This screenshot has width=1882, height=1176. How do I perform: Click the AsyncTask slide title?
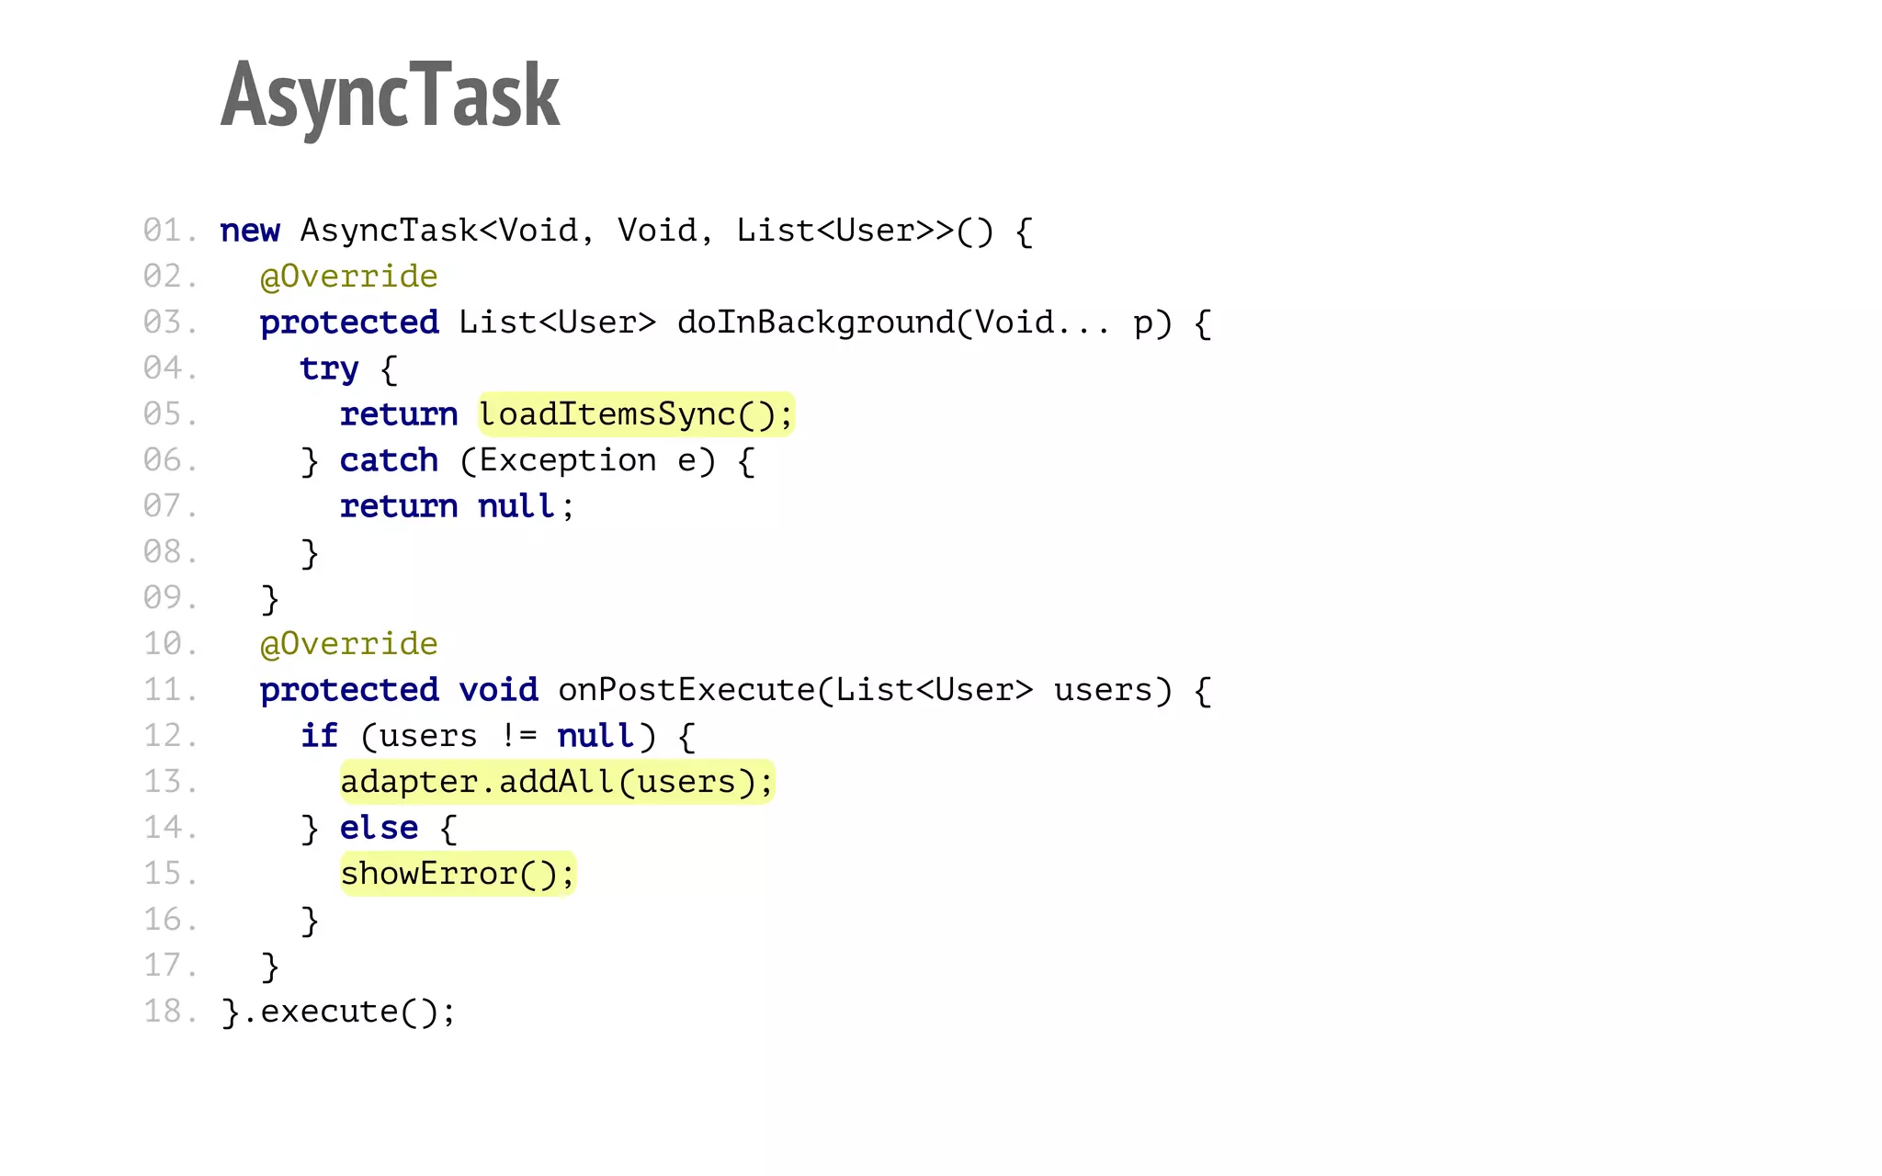[x=390, y=96]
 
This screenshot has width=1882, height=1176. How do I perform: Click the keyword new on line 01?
[x=250, y=231]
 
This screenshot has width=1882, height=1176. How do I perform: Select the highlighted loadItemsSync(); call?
[x=636, y=414]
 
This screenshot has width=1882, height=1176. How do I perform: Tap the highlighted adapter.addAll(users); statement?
[x=557, y=782]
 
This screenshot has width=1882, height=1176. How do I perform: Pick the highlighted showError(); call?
[x=457, y=874]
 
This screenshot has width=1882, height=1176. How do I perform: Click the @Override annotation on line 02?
[x=348, y=277]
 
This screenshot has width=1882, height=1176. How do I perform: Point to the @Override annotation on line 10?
[x=348, y=644]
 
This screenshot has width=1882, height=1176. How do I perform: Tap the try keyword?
[x=329, y=369]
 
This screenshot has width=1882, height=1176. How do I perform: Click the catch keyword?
[x=389, y=460]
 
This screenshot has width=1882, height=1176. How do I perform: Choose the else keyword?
[x=379, y=828]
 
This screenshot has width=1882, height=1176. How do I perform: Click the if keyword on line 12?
[x=319, y=736]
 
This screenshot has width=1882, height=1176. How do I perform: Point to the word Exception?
[x=567, y=460]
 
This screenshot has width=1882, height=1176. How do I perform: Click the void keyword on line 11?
[x=498, y=690]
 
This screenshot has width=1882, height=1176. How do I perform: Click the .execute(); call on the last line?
[x=348, y=1012]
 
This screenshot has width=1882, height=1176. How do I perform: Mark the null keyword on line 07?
[x=516, y=506]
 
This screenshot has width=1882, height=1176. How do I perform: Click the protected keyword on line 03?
[x=349, y=322]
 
